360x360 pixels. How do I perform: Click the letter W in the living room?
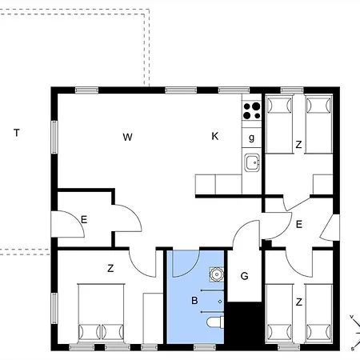coord(127,137)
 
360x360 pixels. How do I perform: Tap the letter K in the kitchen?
coord(214,137)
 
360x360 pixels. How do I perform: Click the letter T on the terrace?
coord(16,133)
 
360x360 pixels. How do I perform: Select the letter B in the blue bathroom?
coord(194,302)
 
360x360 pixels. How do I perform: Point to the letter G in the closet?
coord(245,276)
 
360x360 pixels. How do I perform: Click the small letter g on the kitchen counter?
coord(251,137)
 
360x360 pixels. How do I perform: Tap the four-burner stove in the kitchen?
coord(251,110)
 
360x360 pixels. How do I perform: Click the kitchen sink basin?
coord(252,163)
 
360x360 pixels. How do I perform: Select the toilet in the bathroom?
coord(214,323)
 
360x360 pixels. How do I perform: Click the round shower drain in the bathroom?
coord(214,274)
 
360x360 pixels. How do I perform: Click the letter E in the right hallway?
coord(298,225)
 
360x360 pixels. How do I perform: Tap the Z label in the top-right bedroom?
coord(298,145)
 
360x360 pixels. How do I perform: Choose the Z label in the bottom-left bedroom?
coord(110,270)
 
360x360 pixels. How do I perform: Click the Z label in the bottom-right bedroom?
coord(298,302)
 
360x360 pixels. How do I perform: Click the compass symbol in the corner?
coord(352,332)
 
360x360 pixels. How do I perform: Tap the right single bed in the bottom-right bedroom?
coord(318,314)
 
